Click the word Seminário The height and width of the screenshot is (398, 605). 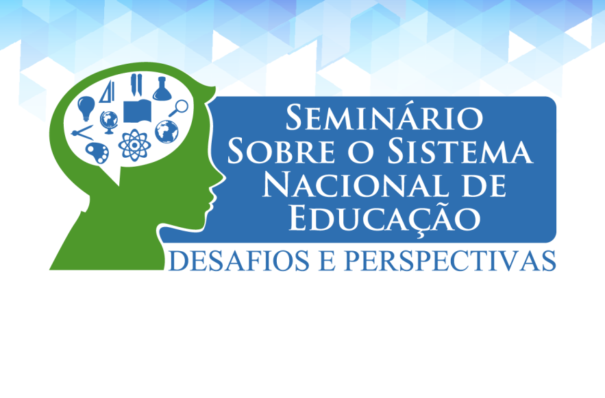pos(384,117)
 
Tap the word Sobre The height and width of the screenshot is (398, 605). pos(282,152)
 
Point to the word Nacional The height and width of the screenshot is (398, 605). pos(355,185)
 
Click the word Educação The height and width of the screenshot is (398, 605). pos(384,218)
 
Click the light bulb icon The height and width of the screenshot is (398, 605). pos(86,108)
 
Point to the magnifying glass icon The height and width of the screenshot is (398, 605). pos(178,108)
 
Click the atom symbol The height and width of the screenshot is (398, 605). pos(134,145)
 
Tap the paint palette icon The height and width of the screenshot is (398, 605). pos(97,152)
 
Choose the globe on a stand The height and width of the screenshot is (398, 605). pos(109,122)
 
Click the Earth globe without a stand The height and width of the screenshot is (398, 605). pos(166,131)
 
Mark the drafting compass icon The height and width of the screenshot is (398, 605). pos(82,133)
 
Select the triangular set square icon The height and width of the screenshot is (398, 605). pos(108,92)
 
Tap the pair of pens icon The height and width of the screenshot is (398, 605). pos(136,84)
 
